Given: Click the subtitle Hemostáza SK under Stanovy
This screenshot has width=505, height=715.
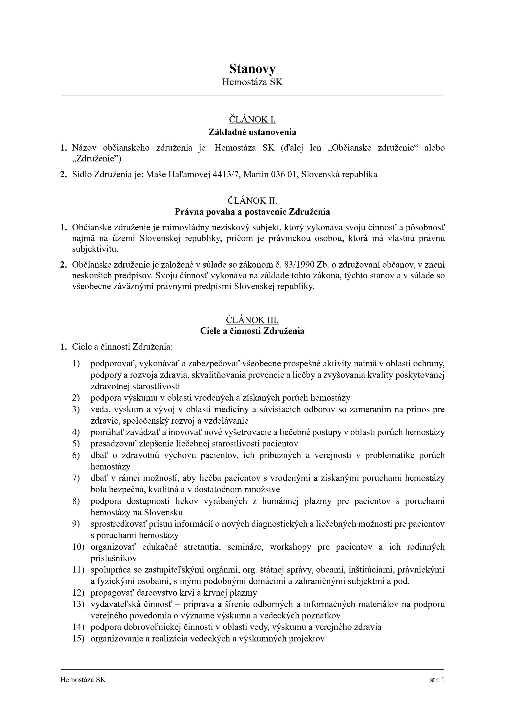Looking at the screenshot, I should pyautogui.click(x=252, y=82).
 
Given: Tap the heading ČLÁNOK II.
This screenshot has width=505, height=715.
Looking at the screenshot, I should pyautogui.click(x=252, y=201).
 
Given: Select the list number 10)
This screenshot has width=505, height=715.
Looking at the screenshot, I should pyautogui.click(x=78, y=547).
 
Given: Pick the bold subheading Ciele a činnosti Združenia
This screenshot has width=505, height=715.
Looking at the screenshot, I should pyautogui.click(x=252, y=331).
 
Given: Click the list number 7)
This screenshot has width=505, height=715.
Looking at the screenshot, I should pyautogui.click(x=76, y=478).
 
